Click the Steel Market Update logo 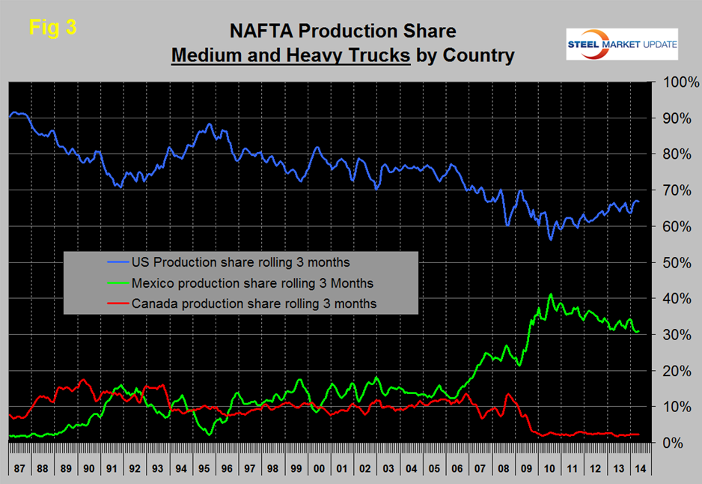coord(621,44)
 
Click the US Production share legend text coord(240,262)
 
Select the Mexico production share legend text coord(251,283)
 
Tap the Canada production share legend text coord(253,303)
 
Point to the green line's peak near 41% coord(551,295)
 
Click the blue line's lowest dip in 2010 coord(550,239)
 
